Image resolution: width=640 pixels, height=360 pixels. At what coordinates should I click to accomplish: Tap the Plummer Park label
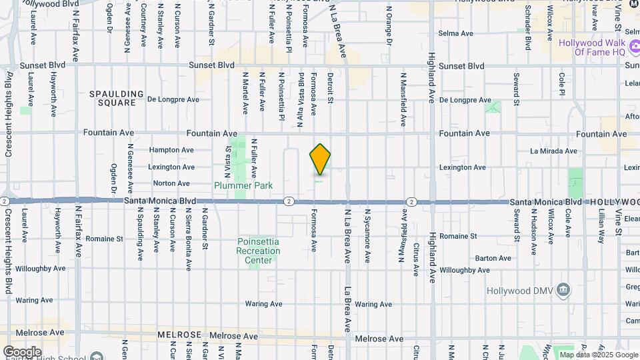[x=243, y=185]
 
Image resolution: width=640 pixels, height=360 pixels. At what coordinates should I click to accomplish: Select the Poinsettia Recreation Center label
[x=258, y=251]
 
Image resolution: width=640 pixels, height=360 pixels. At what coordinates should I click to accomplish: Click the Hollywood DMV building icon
[x=564, y=289]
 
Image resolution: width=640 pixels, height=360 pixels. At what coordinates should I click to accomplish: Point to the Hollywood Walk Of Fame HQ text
[x=592, y=47]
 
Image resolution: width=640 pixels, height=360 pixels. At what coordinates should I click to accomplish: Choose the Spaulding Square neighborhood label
[x=117, y=99]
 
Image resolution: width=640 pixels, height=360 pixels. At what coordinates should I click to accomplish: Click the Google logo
[x=22, y=351]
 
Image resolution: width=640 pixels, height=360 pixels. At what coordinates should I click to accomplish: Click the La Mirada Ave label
[x=553, y=151]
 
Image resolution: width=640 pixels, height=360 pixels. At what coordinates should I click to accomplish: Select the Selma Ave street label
[x=455, y=33]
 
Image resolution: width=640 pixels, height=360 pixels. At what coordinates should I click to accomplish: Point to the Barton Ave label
[x=493, y=258]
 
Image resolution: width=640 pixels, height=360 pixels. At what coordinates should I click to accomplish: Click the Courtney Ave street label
[x=143, y=25]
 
